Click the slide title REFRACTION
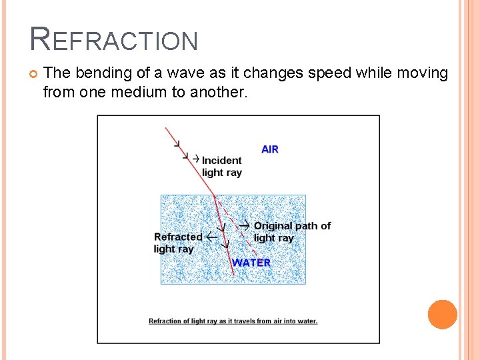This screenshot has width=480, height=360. (x=114, y=39)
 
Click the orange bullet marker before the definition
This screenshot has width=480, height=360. (x=34, y=73)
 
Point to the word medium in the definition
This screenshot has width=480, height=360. (x=135, y=92)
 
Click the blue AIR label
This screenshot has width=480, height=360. (x=270, y=149)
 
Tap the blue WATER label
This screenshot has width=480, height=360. (x=251, y=263)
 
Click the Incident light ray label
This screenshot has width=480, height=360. (x=221, y=166)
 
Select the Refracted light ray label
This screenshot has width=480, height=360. (x=177, y=243)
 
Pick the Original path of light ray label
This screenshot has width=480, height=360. (x=291, y=231)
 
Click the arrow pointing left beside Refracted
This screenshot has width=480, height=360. (x=211, y=236)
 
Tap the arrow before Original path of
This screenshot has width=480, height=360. (x=245, y=225)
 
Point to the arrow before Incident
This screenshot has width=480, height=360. (x=195, y=159)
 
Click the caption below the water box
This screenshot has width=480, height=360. (x=233, y=321)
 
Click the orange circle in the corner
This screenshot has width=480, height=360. (x=443, y=315)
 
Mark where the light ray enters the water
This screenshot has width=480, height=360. (x=213, y=195)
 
